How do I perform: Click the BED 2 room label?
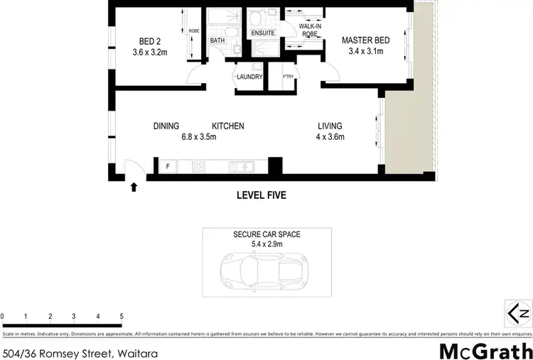148,40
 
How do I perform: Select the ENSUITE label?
262,33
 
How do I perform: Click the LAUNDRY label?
249,77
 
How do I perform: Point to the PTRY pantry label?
288,77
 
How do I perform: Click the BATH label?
217,40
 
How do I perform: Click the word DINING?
166,126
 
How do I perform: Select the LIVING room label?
330,126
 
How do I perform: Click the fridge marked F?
167,168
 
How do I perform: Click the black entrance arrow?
134,187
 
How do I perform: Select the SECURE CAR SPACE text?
266,234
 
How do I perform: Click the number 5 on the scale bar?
122,316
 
